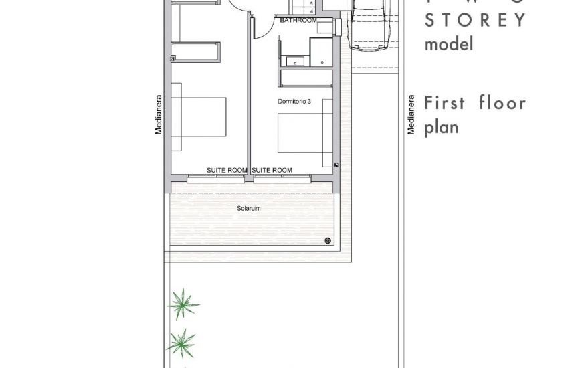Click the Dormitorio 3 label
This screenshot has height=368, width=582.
(294, 102)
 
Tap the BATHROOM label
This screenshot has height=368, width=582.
(298, 21)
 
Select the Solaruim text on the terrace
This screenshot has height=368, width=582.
(248, 209)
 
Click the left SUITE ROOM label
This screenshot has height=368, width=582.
(227, 171)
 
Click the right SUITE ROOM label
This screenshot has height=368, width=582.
(272, 171)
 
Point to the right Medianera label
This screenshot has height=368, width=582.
(411, 116)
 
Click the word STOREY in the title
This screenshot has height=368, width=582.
(476, 19)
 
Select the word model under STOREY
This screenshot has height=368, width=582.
(449, 44)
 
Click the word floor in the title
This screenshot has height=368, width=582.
(502, 103)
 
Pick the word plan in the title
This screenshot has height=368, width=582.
(442, 127)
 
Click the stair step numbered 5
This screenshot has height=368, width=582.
(312, 4)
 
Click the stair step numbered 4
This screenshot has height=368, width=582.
(312, 11)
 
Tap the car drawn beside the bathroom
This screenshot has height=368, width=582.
(370, 23)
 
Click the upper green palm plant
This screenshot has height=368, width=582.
(182, 304)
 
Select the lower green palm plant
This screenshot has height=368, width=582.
(181, 343)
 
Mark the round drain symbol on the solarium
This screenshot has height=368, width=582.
(328, 240)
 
